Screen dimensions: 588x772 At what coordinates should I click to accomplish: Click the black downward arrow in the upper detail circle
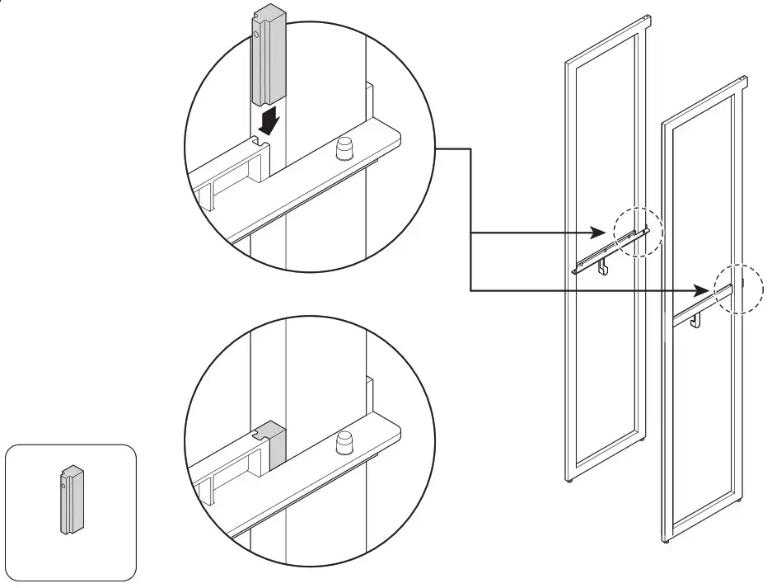(269, 122)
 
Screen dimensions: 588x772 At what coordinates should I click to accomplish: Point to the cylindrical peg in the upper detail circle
(342, 150)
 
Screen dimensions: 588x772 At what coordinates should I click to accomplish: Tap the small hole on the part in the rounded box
(63, 486)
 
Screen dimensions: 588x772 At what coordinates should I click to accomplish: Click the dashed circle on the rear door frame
(637, 233)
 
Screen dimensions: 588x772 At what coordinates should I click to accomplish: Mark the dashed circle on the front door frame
(737, 289)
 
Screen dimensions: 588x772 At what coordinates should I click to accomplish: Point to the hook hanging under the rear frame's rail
(603, 266)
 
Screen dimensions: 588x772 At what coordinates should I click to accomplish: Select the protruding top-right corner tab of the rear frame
(647, 18)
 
